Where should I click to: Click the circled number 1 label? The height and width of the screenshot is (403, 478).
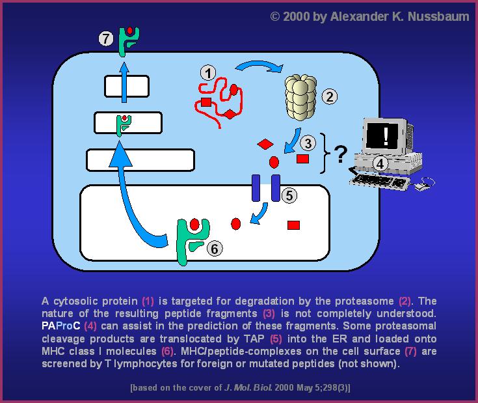[x=208, y=73]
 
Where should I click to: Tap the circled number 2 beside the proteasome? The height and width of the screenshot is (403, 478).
[x=330, y=97]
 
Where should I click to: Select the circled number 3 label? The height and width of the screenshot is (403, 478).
[x=308, y=143]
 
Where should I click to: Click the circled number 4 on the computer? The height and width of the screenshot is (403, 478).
[x=380, y=164]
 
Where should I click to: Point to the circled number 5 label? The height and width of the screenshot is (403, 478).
[x=289, y=195]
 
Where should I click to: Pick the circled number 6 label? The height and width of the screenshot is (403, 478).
[x=215, y=249]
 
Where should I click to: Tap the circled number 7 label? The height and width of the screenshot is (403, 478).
[x=106, y=39]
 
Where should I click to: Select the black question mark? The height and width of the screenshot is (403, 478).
[x=341, y=154]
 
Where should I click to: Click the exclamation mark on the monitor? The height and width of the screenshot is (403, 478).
[x=386, y=136]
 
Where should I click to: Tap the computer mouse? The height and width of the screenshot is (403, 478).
[x=422, y=186]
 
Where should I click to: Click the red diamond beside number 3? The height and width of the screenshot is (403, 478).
[x=265, y=144]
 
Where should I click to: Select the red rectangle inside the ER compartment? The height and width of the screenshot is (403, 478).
[x=293, y=225]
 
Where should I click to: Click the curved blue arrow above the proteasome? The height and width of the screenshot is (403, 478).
[x=259, y=66]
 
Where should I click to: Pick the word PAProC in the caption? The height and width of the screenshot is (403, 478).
[x=61, y=326]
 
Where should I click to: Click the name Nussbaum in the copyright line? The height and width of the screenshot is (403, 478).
[x=438, y=16]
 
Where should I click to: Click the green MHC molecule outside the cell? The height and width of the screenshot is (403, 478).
[x=129, y=41]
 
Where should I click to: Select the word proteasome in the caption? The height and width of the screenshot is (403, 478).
[x=364, y=301]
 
